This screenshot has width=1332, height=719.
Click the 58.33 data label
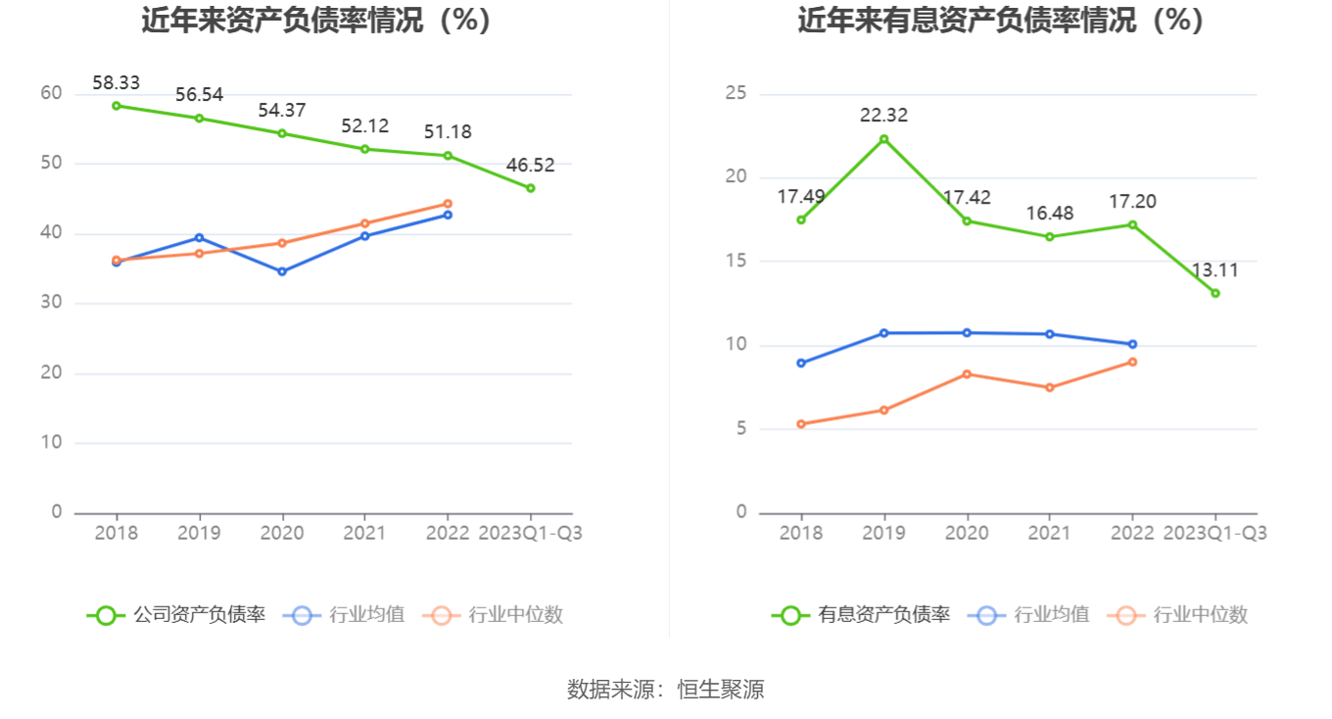(x=116, y=84)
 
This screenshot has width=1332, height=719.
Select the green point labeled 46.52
(x=531, y=188)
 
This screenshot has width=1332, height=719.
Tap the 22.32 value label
(x=883, y=116)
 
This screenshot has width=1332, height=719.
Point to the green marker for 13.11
(x=1215, y=293)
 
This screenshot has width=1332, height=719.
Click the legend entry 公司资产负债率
(x=177, y=615)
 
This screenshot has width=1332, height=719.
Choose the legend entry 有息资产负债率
(x=861, y=615)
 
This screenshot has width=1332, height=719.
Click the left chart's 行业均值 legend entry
(x=344, y=615)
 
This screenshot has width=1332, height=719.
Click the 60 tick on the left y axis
(x=51, y=94)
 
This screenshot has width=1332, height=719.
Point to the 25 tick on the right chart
(x=736, y=94)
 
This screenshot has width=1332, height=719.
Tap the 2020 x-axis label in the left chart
(x=282, y=534)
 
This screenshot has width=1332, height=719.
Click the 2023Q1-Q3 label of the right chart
(x=1215, y=534)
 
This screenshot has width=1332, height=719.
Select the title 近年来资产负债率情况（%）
(x=315, y=21)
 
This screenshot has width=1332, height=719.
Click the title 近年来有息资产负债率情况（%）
(x=1000, y=21)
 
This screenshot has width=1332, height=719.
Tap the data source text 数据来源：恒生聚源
(x=666, y=690)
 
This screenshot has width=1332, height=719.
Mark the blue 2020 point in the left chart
(x=282, y=271)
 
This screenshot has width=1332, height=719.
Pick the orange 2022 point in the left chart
(x=448, y=204)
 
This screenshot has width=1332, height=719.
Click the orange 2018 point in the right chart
(x=801, y=424)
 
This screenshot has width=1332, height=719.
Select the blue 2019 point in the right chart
(x=883, y=333)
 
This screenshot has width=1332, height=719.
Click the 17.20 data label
(x=1132, y=202)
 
